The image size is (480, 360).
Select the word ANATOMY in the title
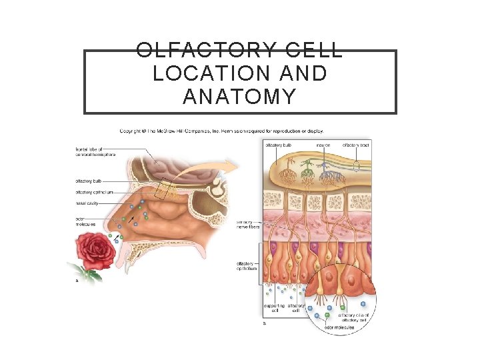click(239, 97)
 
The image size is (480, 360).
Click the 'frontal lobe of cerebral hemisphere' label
click(95, 151)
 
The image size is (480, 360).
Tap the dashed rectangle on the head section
click(164, 189)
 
